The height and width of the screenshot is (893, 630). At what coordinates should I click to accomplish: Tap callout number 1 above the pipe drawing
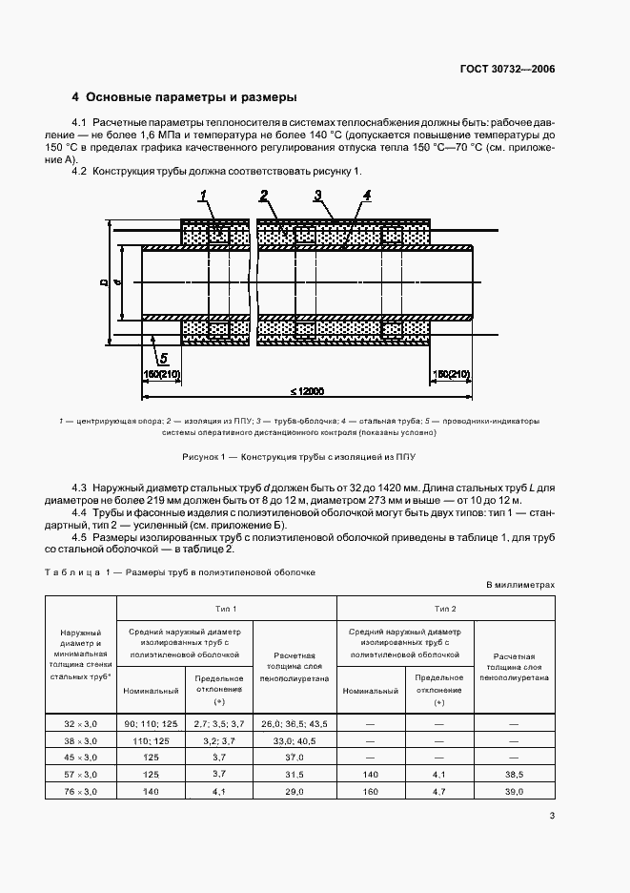(x=204, y=197)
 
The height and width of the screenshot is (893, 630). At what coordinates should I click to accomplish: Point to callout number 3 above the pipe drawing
(x=316, y=196)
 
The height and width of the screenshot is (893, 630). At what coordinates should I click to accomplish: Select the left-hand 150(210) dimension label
(x=161, y=373)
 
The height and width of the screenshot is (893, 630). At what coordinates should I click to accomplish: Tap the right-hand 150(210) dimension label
(x=451, y=373)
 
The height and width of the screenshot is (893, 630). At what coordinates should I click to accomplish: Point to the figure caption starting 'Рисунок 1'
(x=315, y=458)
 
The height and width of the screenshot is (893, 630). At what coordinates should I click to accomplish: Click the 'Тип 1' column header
(x=226, y=608)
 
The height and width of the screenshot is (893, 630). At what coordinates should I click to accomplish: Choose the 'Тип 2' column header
(x=445, y=608)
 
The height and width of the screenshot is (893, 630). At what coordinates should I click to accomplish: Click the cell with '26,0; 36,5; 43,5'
(x=295, y=725)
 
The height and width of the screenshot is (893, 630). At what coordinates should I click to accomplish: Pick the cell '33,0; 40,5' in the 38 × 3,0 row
(x=295, y=739)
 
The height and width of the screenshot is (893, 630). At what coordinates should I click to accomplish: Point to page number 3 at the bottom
(x=552, y=814)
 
